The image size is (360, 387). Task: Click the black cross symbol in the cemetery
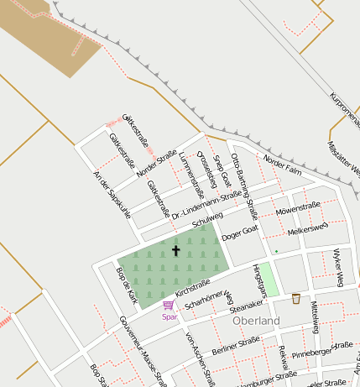point(175,250)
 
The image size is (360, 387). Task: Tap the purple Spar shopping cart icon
point(168,306)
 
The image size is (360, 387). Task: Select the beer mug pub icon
point(295,298)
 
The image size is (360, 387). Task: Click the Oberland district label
point(256,321)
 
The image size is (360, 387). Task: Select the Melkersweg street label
point(306,230)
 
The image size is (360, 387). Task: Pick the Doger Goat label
point(240,233)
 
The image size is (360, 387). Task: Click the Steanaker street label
point(245,308)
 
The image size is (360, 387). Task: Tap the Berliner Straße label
point(236,345)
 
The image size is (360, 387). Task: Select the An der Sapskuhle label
point(112,195)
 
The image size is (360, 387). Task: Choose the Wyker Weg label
point(338,267)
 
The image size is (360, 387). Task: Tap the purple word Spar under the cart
point(170,316)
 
